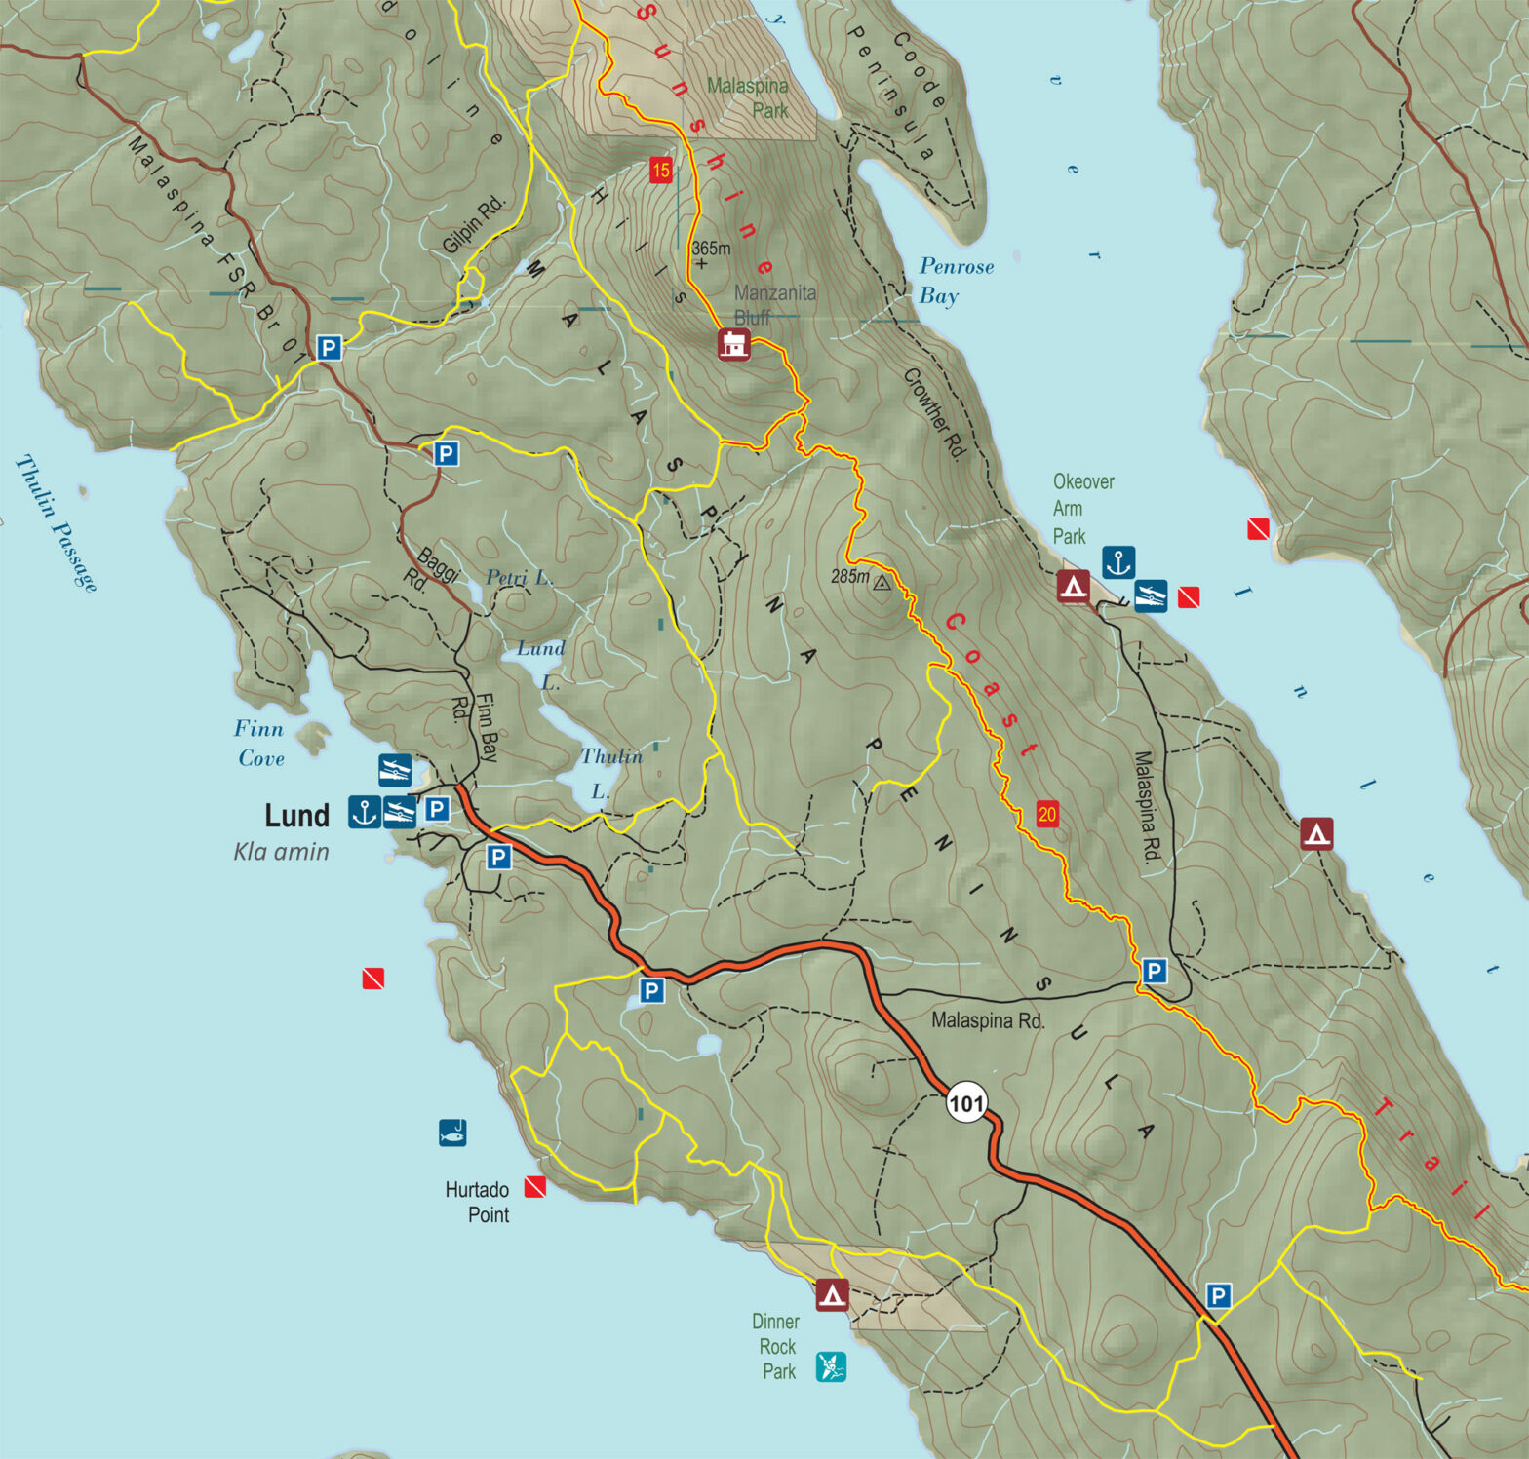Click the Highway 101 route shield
coord(966,1103)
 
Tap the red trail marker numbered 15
coord(661,171)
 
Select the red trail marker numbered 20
coord(1046,814)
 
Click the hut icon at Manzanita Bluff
coord(734,344)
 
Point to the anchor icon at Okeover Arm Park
coord(1118,562)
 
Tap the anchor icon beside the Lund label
coord(365,811)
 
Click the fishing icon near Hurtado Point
coord(452,1133)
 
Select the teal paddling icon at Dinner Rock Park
coord(831,1366)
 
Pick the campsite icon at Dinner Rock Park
coord(832,1294)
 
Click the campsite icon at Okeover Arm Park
coord(1074,586)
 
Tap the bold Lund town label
coord(297,815)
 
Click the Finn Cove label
coord(259,743)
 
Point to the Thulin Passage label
coord(57,523)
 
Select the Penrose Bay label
coord(956,281)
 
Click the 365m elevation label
coord(711,249)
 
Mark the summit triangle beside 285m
coord(882,583)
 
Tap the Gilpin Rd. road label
coord(475,224)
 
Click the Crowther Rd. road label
coord(934,413)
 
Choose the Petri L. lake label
coord(519,577)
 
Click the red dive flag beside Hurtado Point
coord(534,1186)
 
